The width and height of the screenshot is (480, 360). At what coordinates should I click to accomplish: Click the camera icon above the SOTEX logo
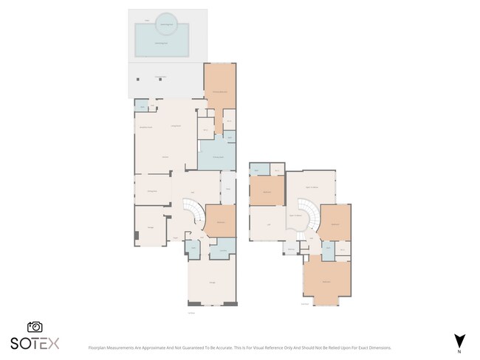[x=34, y=327]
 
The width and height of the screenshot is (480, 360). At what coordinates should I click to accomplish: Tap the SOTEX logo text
[x=34, y=343]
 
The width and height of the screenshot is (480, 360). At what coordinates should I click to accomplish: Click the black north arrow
[x=459, y=340]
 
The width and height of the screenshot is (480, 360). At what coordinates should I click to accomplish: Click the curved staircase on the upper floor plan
[x=308, y=218]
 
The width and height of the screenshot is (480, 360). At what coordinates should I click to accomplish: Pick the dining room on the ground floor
[x=152, y=189]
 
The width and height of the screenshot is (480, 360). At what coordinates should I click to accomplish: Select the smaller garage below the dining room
[x=151, y=226]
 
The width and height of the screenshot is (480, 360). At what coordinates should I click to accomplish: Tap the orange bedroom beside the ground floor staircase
[x=220, y=221]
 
